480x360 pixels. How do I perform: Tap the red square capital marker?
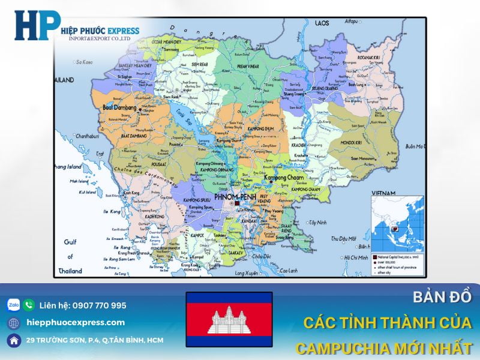(237, 204)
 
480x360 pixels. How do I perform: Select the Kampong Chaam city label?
(284, 178)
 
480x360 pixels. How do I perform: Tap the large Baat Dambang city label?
(120, 108)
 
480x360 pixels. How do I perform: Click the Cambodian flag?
(229, 319)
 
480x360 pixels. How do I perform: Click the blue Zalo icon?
(14, 305)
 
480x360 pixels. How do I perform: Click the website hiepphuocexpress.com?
(76, 323)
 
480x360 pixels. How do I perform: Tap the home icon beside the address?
(14, 340)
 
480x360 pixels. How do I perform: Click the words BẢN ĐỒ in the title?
(443, 297)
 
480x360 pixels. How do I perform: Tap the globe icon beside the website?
(14, 323)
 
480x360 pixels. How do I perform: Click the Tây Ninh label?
(317, 222)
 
